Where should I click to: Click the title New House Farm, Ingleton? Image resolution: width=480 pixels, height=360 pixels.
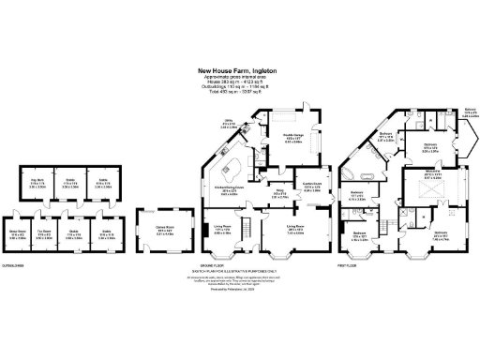pyautogui.click(x=240, y=68)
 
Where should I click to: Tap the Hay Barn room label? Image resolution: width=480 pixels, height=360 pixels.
pyautogui.click(x=37, y=180)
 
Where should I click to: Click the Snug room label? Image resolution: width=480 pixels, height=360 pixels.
pyautogui.click(x=278, y=195)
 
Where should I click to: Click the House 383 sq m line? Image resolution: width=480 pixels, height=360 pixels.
pyautogui.click(x=240, y=82)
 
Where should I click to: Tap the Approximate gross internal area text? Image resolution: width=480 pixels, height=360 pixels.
pyautogui.click(x=240, y=76)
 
